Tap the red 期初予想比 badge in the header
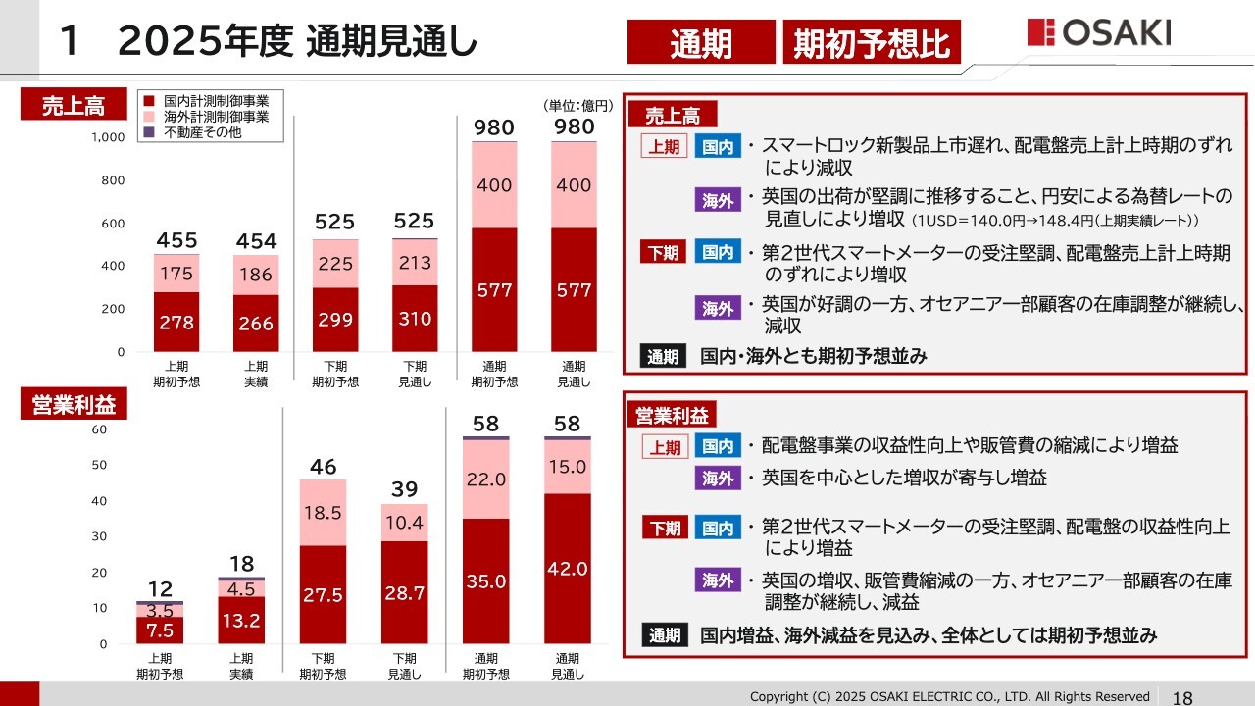[872, 44]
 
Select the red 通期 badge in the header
[701, 44]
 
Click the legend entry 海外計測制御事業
[209, 116]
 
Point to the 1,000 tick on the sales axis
[108, 138]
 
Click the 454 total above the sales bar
[256, 241]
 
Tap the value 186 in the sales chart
[256, 275]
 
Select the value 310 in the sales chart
[415, 319]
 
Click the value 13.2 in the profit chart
[241, 620]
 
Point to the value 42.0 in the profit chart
[568, 569]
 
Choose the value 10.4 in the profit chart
[405, 523]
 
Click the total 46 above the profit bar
[323, 466]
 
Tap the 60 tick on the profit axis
[100, 429]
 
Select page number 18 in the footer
[1182, 697]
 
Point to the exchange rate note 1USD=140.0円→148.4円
[1055, 220]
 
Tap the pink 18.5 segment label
[323, 513]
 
